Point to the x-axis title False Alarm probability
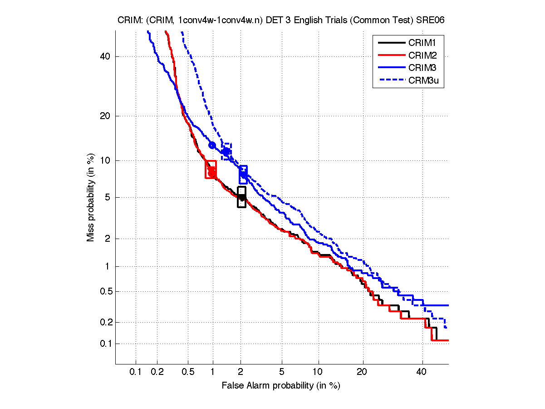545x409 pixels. point(281,386)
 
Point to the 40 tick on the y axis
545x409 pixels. point(106,56)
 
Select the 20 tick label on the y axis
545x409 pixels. point(106,116)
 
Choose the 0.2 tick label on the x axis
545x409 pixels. point(157,372)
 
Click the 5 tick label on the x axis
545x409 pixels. point(282,372)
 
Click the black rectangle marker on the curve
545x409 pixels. point(241,197)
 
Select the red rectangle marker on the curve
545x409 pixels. point(211,170)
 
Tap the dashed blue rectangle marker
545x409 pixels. point(226,151)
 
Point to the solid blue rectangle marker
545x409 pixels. point(243,175)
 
